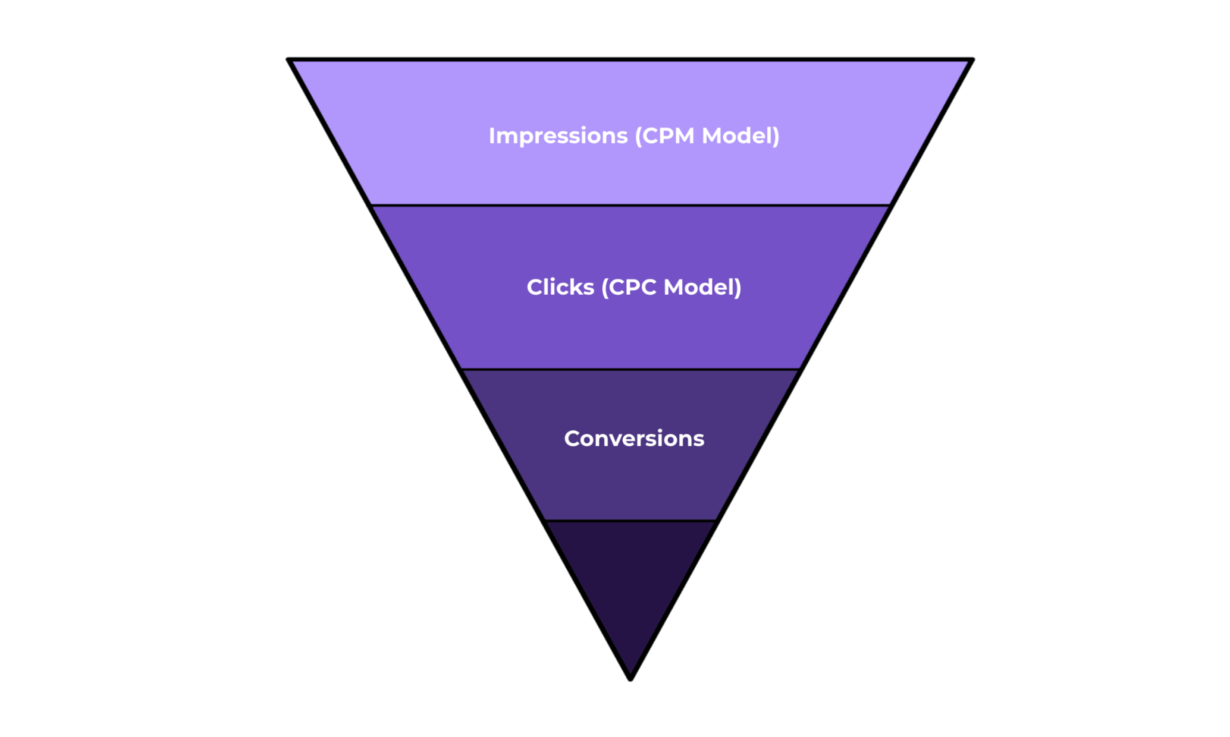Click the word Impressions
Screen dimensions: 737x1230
[x=557, y=136]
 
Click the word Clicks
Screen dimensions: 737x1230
[x=560, y=288]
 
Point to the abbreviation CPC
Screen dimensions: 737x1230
[x=633, y=288]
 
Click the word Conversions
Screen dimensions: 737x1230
[x=633, y=439]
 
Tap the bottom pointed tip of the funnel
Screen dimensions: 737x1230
[x=631, y=679]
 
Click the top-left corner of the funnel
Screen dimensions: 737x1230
[x=290, y=60]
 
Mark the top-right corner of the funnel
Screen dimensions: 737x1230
[x=971, y=60]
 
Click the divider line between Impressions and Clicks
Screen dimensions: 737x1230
[x=631, y=206]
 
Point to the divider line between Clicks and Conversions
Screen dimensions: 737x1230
[x=631, y=369]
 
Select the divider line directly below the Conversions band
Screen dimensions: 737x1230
[x=631, y=521]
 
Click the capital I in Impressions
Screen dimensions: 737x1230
[x=492, y=136]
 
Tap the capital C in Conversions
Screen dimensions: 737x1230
[x=572, y=439]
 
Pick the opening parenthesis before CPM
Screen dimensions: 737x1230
[x=638, y=136]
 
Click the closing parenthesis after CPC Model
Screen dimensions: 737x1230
[x=738, y=288]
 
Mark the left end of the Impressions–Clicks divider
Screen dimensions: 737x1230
[x=372, y=206]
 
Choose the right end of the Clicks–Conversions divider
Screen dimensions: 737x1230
[x=800, y=369]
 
